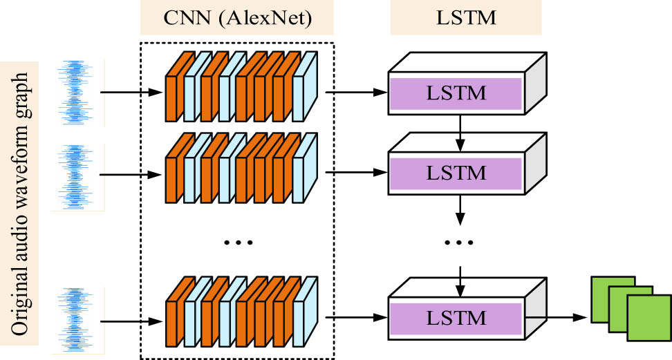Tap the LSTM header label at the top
465,18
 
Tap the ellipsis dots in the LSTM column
459,243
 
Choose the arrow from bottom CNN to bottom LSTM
356,318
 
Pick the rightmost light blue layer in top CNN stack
299,90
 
